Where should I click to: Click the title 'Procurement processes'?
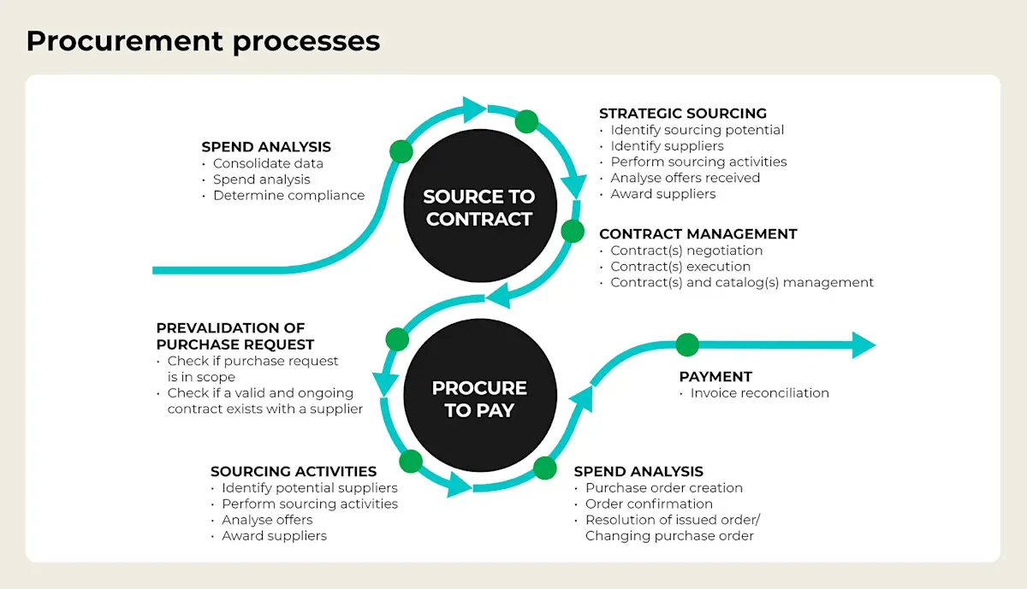click(x=203, y=40)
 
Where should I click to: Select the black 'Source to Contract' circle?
click(x=478, y=208)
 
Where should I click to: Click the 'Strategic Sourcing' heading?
click(x=682, y=113)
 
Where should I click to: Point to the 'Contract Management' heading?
click(x=698, y=233)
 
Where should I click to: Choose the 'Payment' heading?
click(x=715, y=376)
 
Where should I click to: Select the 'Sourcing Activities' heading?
click(x=294, y=471)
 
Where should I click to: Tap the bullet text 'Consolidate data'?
click(x=268, y=163)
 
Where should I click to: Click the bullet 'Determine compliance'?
click(x=288, y=195)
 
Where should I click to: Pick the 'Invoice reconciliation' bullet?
click(x=759, y=393)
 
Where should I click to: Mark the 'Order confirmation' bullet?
click(x=649, y=504)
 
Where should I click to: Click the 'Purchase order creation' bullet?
click(x=663, y=487)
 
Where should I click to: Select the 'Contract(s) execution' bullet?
click(x=680, y=266)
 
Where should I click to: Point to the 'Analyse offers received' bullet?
click(x=685, y=178)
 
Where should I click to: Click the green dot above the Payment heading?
click(x=686, y=345)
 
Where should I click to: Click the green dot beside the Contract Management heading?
click(x=573, y=231)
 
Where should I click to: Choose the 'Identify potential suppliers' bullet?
click(x=309, y=487)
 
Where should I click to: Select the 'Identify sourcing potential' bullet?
click(x=697, y=130)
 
